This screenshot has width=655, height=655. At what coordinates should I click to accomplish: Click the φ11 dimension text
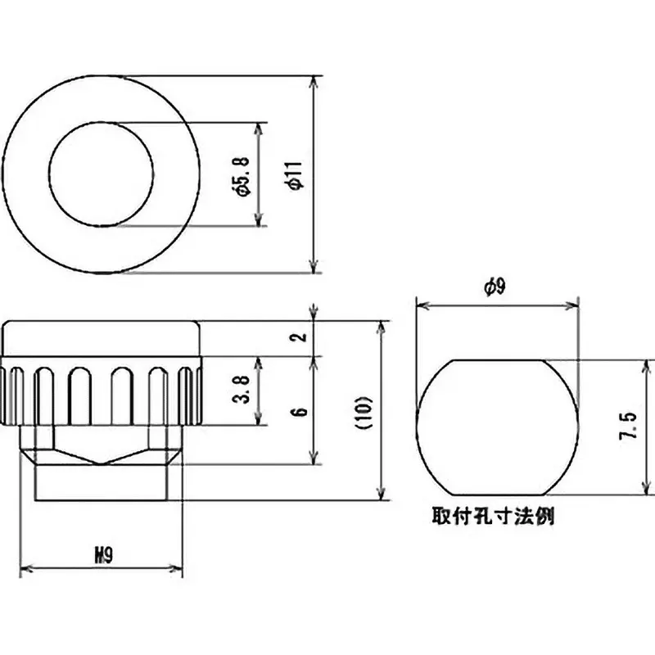[x=296, y=175]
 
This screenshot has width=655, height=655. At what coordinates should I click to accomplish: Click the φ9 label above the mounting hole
[x=497, y=287]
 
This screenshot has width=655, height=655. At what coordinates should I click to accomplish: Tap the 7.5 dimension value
[x=628, y=427]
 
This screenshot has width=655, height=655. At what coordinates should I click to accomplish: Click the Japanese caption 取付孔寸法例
[x=498, y=518]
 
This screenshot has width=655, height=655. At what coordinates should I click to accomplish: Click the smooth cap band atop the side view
[x=102, y=337]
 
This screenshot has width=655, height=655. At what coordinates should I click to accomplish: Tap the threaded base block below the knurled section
[x=102, y=483]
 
